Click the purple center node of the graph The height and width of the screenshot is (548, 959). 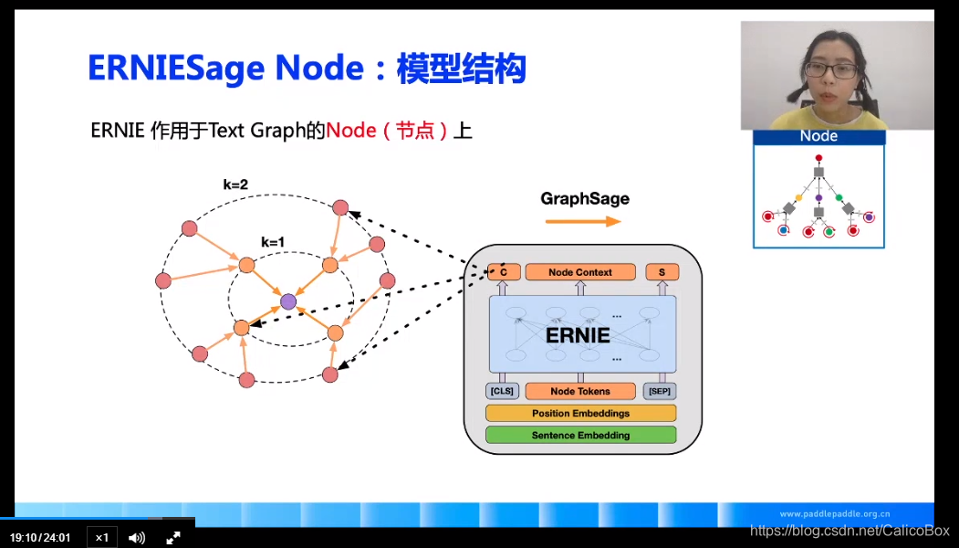[x=288, y=300]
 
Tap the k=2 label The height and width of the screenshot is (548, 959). [x=235, y=184]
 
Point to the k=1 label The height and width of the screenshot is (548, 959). [x=273, y=242]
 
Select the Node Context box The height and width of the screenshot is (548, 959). [x=580, y=272]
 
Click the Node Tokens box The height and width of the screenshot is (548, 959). [x=580, y=391]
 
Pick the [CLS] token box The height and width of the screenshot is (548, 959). [x=502, y=391]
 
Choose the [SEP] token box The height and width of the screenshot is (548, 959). [x=661, y=391]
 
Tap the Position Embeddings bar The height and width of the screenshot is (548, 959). [x=580, y=413]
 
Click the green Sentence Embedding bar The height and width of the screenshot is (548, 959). [x=580, y=435]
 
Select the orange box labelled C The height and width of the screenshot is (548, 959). [x=504, y=272]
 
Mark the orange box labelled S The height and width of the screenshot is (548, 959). [x=662, y=272]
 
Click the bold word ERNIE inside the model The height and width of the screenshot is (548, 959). [x=578, y=335]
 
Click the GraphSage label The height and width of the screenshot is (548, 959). [x=585, y=198]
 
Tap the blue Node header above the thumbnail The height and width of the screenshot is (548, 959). [x=818, y=137]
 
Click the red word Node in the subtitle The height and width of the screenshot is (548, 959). [x=351, y=130]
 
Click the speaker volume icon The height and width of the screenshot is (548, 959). [x=137, y=537]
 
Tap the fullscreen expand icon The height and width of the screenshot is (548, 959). [x=172, y=537]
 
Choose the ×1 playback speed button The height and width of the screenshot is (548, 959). [x=101, y=537]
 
